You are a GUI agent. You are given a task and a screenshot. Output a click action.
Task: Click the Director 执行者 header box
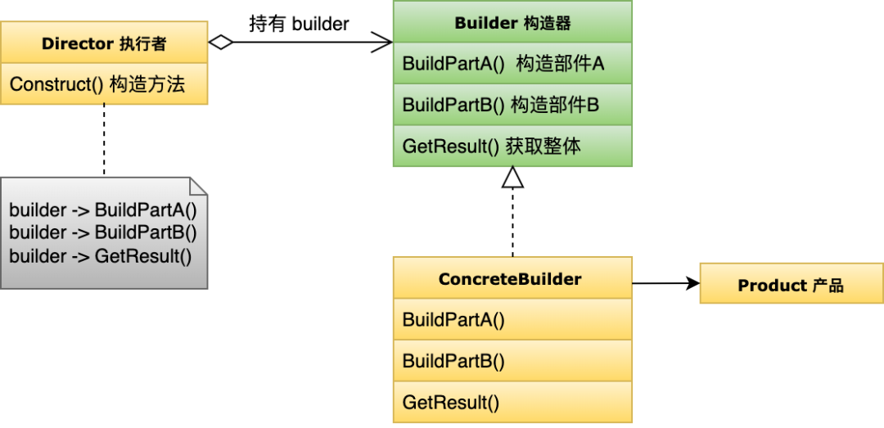[x=104, y=43]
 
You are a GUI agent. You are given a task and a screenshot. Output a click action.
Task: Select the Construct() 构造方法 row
[x=104, y=84]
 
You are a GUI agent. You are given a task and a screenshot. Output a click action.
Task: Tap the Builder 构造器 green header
[x=512, y=23]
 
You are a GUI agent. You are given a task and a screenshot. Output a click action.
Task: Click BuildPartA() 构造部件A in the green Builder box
[x=512, y=64]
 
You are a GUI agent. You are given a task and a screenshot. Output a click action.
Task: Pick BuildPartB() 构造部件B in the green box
[x=512, y=105]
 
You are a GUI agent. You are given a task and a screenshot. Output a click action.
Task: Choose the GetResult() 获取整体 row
[x=512, y=146]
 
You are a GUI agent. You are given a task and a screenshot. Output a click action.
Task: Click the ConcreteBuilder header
[x=512, y=279]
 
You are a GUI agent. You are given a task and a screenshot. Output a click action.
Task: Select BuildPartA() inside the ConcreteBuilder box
[x=512, y=320]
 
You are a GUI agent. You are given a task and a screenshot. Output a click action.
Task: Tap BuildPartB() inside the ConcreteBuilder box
[x=512, y=361]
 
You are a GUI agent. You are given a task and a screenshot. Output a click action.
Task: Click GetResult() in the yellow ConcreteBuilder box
[x=512, y=402]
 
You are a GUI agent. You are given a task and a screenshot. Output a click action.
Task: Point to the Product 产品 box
[x=791, y=285]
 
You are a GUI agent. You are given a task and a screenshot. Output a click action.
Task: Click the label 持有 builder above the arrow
[x=299, y=24]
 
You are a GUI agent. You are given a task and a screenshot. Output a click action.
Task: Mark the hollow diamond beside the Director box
[x=221, y=43]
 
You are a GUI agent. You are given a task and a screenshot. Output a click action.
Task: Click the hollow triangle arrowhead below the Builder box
[x=512, y=177]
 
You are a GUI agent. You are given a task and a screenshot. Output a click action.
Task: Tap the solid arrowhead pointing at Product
[x=693, y=284]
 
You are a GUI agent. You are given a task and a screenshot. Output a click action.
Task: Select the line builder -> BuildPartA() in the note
[x=103, y=209]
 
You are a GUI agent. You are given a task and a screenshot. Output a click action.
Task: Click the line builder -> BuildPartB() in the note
[x=103, y=232]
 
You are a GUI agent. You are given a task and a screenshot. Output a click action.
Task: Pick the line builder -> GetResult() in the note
[x=100, y=255]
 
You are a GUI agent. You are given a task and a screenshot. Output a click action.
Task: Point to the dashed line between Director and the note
[x=104, y=139]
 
